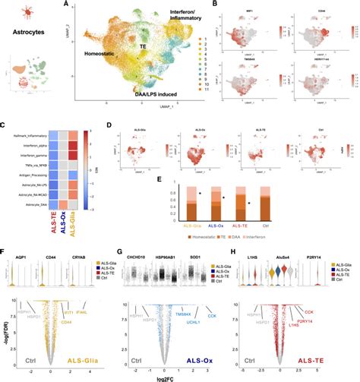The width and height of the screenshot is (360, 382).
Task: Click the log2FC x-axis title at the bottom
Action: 181,377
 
